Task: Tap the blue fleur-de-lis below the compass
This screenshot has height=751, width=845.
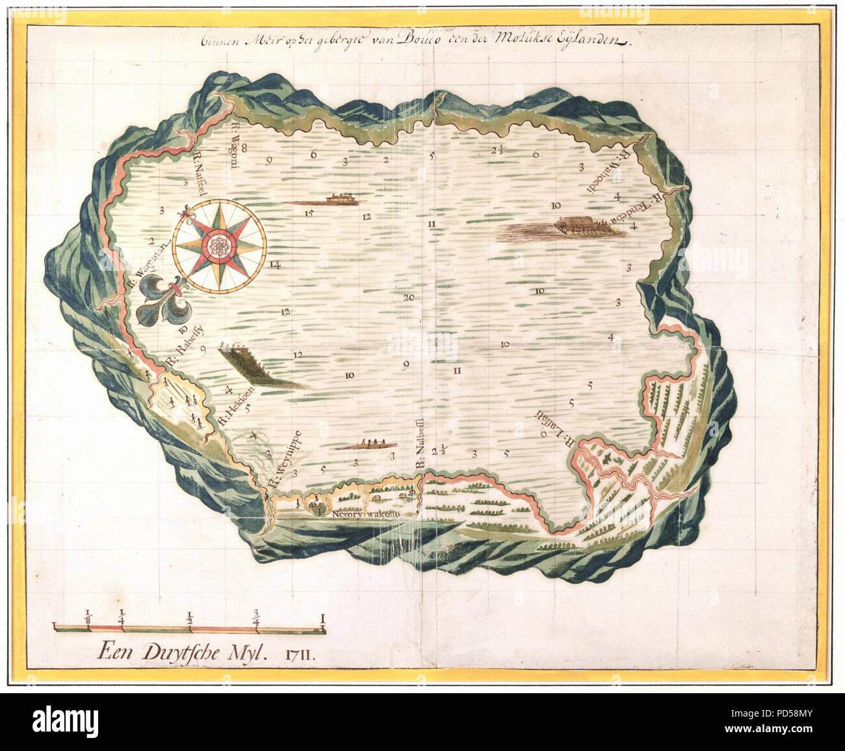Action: click(162, 301)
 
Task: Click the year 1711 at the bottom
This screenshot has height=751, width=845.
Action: click(300, 651)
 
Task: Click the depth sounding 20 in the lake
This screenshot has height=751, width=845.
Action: click(408, 298)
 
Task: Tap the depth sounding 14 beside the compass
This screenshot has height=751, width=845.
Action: click(275, 264)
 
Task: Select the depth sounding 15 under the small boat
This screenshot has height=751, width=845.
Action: click(309, 214)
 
